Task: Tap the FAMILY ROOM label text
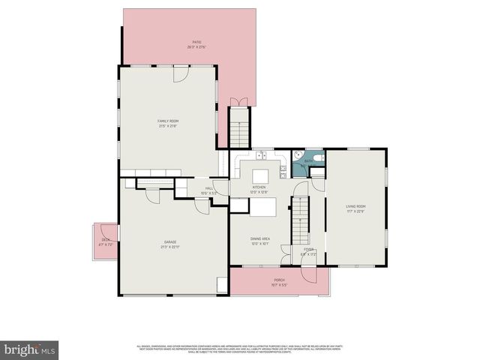168,123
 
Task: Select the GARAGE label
171,244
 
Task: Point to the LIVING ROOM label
355,208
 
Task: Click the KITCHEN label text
259,189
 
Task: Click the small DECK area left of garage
105,241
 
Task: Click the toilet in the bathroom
316,160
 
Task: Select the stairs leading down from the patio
238,127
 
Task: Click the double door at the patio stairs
238,103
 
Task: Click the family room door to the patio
181,73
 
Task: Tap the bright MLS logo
30,349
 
